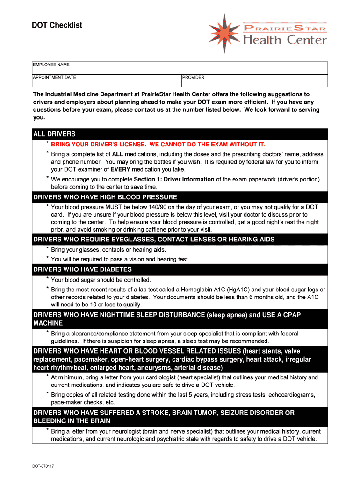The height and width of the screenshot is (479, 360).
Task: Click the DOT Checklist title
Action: pos(57,25)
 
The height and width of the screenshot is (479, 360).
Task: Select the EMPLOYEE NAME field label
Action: pos(51,65)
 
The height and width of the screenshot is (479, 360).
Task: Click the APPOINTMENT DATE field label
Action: pos(54,78)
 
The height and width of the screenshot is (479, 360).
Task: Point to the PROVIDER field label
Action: pos(193,78)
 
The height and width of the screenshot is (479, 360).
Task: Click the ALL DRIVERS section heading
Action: pos(54,134)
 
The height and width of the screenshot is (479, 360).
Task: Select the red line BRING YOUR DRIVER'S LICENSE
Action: pos(158,145)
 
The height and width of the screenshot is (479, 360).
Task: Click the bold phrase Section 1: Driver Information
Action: pos(174,179)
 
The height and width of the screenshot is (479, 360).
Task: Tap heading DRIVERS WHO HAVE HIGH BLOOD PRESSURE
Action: pos(105,197)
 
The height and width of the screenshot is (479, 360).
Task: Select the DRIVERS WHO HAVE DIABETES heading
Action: pos(82,269)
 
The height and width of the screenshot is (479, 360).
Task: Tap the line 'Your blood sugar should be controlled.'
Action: pos(101,280)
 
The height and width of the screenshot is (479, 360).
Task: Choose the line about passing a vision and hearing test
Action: pos(120,259)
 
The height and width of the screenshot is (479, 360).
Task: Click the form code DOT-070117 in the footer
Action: pos(43,466)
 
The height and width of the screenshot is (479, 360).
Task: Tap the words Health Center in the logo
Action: pos(285,40)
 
